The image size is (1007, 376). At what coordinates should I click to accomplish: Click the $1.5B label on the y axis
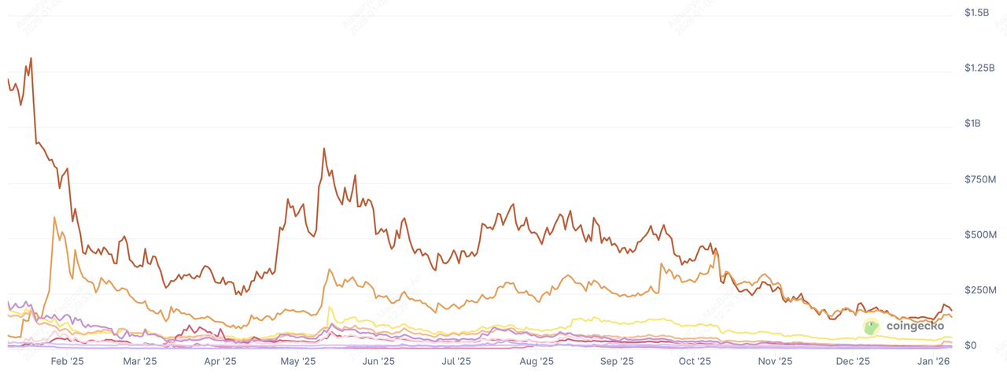[x=977, y=13]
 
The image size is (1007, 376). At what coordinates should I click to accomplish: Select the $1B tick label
[x=973, y=124]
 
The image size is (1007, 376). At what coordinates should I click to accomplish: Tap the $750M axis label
[x=980, y=180]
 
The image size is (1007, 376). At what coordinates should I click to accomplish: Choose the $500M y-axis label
[x=980, y=235]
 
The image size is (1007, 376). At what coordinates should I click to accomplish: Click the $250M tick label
[x=980, y=291]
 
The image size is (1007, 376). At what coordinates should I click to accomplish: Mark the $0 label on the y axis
[x=970, y=346]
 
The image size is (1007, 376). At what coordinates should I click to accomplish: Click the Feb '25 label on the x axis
[x=67, y=362]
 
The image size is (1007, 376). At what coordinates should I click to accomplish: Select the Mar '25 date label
[x=141, y=362]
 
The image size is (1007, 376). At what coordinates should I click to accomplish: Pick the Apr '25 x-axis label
[x=220, y=362]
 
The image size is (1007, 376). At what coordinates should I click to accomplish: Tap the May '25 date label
[x=298, y=362]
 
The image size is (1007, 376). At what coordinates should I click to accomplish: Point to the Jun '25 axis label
[x=378, y=362]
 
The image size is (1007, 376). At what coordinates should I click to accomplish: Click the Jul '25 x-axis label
[x=456, y=362]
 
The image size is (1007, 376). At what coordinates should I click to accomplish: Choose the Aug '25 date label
[x=536, y=362]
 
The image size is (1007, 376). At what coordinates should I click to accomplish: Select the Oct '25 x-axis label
[x=695, y=362]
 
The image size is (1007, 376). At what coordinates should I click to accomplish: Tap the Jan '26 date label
[x=933, y=362]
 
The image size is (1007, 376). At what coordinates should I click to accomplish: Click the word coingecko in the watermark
[x=914, y=326]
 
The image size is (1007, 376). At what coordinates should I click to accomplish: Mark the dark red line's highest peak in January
[x=31, y=58]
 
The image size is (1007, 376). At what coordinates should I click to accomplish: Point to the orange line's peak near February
[x=53, y=218]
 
